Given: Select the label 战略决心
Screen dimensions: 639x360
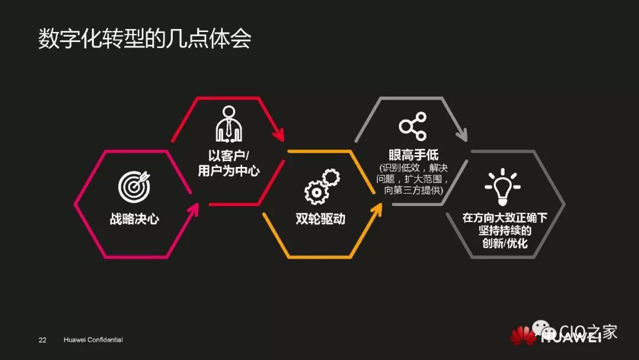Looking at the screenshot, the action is click(134, 219).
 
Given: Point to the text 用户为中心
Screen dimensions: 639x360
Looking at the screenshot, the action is click(228, 172).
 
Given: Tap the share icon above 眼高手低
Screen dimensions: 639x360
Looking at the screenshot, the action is click(412, 126).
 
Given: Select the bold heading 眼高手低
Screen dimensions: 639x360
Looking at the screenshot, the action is click(414, 155).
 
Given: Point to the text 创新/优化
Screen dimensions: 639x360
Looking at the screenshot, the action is click(504, 243).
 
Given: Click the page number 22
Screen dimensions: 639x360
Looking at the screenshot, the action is click(43, 340).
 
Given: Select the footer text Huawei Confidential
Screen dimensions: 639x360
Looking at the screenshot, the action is click(93, 340).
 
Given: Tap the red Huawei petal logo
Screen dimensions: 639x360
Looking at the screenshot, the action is click(524, 336).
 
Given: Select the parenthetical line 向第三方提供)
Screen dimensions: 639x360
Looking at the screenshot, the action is click(414, 190).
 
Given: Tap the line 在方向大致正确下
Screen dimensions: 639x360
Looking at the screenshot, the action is click(505, 218).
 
